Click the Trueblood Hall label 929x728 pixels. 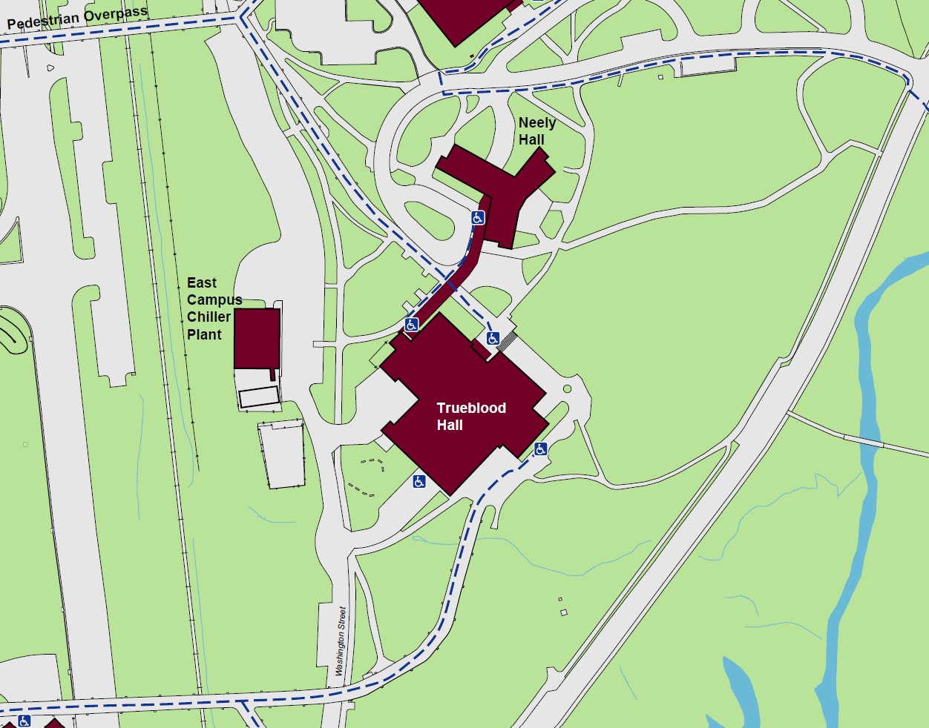coord(471,417)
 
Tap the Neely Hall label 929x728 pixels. coord(536,131)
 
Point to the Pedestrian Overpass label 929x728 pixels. coord(77,18)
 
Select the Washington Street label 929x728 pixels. coord(341,641)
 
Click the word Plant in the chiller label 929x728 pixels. coord(204,334)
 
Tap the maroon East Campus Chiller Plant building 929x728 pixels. coord(257,338)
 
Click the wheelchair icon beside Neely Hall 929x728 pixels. coord(478,218)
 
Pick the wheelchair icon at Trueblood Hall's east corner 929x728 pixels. coord(540,449)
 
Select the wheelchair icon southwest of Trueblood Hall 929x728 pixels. coord(419,482)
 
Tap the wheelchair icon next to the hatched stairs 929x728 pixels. coord(493,339)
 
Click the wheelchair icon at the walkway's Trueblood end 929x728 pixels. coord(412,325)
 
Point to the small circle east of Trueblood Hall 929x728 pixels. coord(567,388)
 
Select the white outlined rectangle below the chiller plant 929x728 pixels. coord(259,397)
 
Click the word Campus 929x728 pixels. coord(214,300)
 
